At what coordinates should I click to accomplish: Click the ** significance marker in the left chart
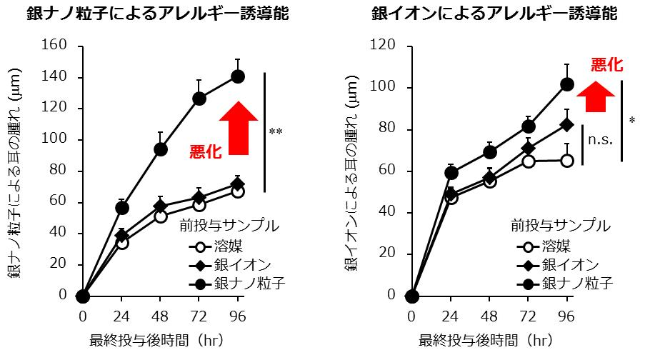coord(275,132)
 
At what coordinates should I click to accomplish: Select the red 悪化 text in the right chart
coord(606,66)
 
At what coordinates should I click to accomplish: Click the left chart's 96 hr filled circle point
coord(238,76)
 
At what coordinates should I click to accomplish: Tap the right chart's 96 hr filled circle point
coord(567,84)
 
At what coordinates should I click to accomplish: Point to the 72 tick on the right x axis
coord(529,315)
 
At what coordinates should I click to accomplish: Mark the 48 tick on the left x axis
coord(161,315)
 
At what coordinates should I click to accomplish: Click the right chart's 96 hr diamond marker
coord(567,124)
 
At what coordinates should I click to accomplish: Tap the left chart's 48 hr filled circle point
coord(161,149)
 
